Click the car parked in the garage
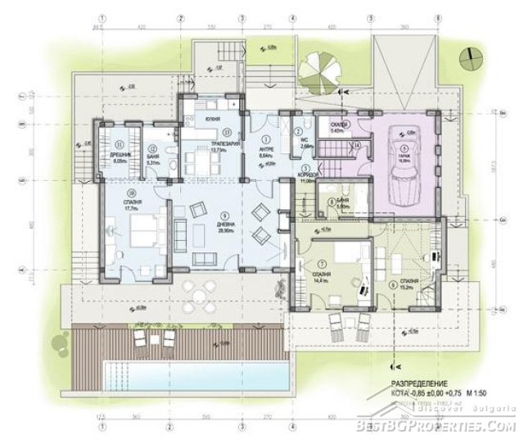tap(404, 184)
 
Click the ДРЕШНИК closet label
tap(120, 154)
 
